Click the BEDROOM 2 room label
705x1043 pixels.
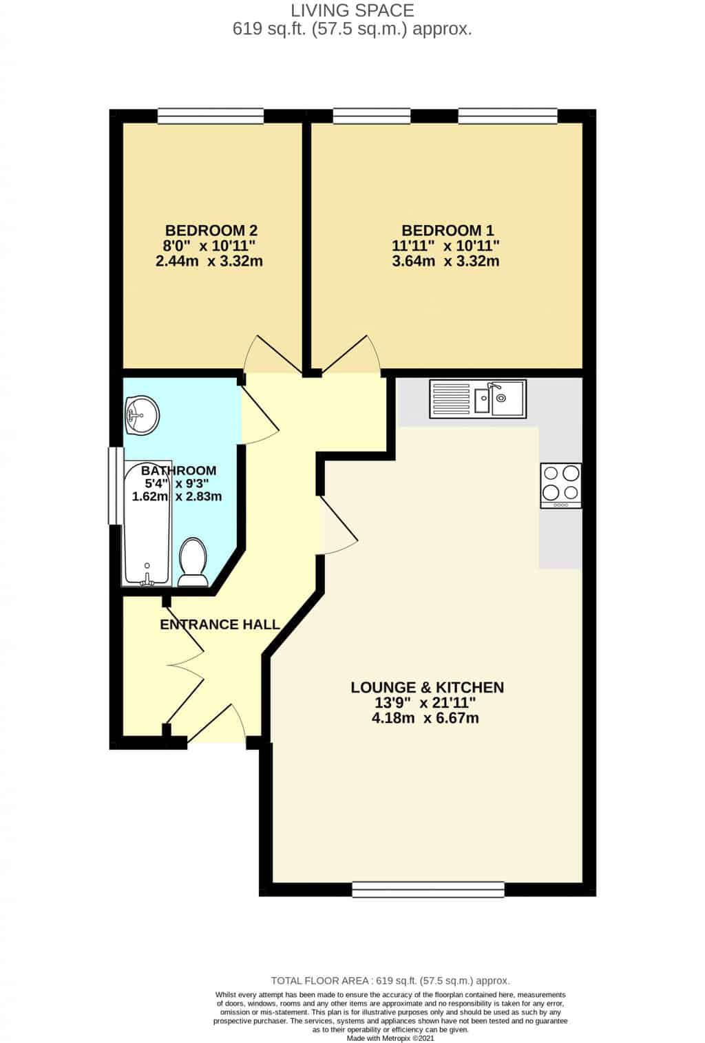[211, 231]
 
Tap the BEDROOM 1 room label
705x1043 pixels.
[448, 231]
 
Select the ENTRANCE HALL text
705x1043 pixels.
[220, 624]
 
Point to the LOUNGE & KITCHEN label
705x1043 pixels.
[427, 687]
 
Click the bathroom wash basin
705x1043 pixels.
[142, 415]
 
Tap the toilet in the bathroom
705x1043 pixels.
[192, 562]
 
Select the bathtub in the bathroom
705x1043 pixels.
[147, 523]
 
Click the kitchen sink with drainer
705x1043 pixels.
[478, 399]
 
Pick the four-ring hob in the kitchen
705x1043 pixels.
[560, 485]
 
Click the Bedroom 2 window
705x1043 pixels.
[211, 116]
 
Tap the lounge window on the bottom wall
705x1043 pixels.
[428, 889]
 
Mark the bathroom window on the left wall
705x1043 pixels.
[116, 485]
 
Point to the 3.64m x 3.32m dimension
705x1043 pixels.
[445, 261]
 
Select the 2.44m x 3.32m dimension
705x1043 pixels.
[209, 261]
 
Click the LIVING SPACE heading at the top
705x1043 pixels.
[352, 10]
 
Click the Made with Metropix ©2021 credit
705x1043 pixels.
[390, 1038]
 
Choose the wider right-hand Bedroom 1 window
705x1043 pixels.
[507, 116]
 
